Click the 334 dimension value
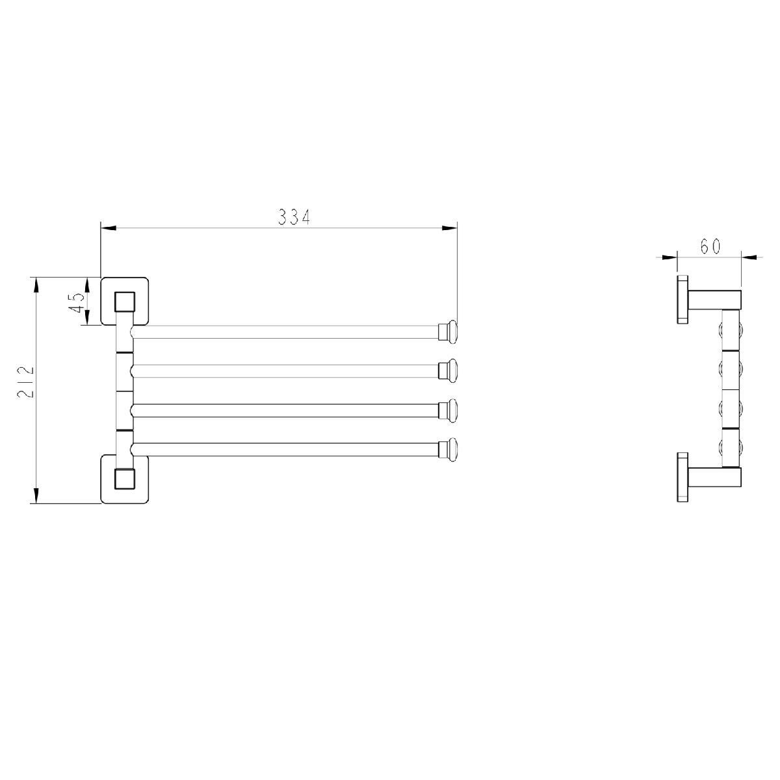tap(294, 217)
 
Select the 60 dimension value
tap(710, 246)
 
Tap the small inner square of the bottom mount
tap(124, 478)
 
